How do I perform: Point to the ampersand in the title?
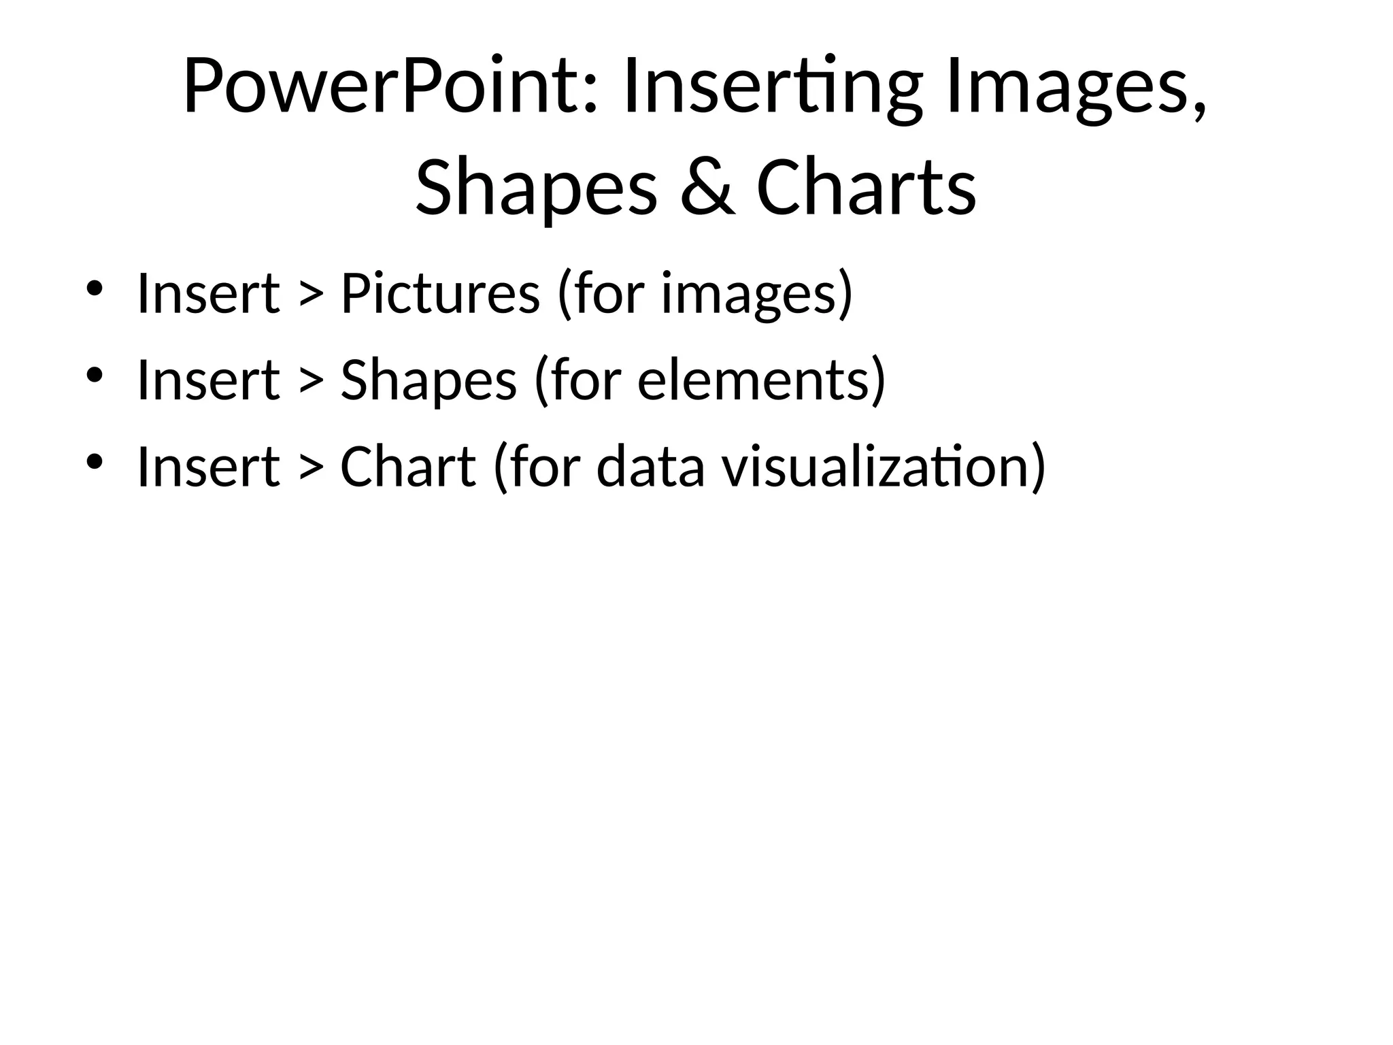[707, 188]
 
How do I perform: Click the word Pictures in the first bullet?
[440, 294]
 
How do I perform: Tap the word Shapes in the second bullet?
[429, 380]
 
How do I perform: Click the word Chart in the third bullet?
[407, 467]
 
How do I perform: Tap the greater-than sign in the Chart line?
[310, 469]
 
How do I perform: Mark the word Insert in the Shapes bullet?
[208, 380]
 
